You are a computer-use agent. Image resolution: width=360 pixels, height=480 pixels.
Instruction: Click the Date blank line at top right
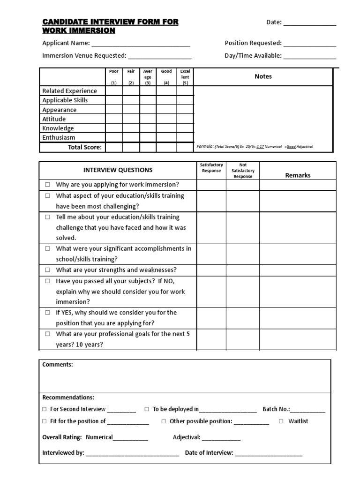309,23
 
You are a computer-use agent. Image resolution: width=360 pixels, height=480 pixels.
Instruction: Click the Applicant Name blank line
141,44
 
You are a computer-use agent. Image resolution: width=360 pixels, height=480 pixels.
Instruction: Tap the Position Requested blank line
309,44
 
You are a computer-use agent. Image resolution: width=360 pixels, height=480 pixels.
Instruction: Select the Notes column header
263,76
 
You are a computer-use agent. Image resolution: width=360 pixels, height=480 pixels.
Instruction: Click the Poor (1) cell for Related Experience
114,91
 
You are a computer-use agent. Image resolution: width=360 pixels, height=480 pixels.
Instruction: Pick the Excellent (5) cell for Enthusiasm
185,137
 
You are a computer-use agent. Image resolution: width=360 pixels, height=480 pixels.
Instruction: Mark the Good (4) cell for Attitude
166,119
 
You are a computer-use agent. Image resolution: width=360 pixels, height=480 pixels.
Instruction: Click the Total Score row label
84,147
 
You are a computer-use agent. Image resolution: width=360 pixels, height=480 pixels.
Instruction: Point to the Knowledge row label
58,128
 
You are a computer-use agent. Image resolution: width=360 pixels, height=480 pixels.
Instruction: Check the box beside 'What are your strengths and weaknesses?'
47,270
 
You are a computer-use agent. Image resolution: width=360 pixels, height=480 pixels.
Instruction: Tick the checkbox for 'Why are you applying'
47,185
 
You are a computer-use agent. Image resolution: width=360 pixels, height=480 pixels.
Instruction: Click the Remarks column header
298,175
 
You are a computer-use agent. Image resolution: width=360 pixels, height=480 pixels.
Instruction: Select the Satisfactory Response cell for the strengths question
211,270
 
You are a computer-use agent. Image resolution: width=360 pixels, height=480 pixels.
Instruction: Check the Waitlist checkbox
281,421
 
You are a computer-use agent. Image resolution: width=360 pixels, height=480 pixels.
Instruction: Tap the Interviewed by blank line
132,454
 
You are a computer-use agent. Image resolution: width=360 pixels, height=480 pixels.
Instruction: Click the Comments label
58,364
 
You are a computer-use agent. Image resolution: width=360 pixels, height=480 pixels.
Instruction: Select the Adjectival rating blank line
221,438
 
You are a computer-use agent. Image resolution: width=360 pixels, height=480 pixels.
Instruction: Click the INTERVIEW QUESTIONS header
118,170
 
